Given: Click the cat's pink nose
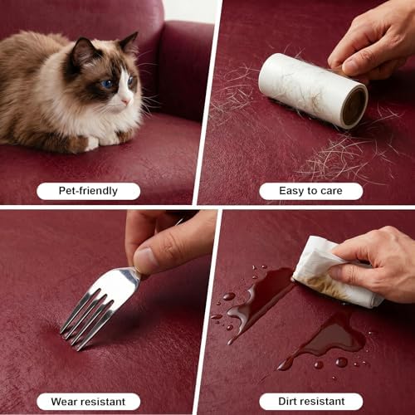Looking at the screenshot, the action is coord(125,100).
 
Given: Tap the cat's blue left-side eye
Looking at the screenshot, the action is coord(107,84).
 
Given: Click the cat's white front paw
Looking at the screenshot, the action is coord(92,144).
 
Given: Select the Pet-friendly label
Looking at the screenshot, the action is coord(88,191).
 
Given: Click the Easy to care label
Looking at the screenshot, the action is coord(310,191).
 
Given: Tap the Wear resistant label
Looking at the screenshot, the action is coord(88,402).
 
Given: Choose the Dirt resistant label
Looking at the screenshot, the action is coord(311,401).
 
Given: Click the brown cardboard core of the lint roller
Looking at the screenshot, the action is coord(354,106).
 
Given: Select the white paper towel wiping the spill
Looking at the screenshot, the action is coord(332,276).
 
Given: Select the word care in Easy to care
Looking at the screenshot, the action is coord(331,191).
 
